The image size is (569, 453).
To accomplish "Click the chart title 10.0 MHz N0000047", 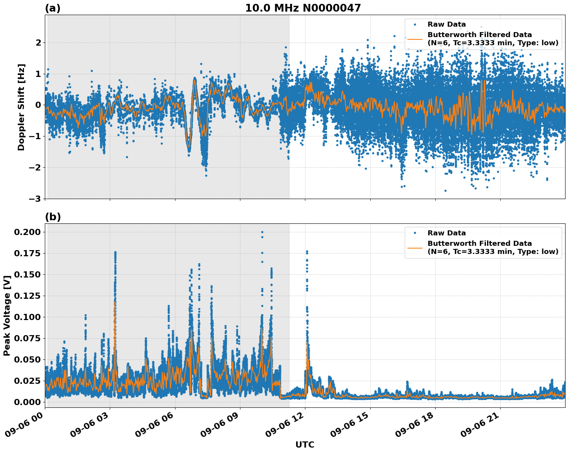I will point(303,8).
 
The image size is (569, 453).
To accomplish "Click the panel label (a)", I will point(53,8).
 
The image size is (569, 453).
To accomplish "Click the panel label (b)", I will point(53,217).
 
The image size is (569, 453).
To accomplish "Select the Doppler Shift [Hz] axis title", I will point(21,107).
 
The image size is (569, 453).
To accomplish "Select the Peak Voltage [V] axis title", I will point(7,315).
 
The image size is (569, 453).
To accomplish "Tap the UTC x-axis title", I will point(305,444).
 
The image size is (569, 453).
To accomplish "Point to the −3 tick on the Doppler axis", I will point(35,199).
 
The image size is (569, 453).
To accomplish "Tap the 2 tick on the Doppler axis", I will point(38,43).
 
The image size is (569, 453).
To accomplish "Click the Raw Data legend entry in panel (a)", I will point(446,24).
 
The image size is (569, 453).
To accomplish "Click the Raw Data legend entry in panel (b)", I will point(446,233).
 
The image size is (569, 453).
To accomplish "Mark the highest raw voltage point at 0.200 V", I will point(262,232).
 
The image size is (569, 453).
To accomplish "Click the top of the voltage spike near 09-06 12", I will point(307,251).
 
